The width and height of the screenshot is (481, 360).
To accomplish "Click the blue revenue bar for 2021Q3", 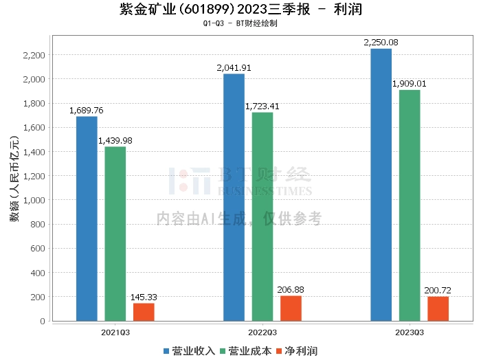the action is [87, 218].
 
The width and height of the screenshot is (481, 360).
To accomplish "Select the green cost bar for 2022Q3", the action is [262, 217].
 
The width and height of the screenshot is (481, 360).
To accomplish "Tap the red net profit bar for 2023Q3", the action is [438, 308].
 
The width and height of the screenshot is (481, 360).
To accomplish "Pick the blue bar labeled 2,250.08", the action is [381, 185].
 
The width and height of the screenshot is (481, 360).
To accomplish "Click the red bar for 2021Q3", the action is [144, 312].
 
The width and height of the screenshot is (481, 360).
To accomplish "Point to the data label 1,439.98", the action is [115, 141].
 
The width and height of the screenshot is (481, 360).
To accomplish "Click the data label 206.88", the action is [291, 290].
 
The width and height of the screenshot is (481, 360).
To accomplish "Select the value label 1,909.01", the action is [410, 84].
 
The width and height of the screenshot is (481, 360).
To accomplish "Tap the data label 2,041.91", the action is [234, 68].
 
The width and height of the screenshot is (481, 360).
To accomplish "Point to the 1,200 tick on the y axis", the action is [34, 176].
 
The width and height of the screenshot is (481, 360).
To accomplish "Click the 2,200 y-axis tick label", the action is [34, 55].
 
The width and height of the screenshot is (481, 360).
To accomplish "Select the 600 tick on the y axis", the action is [38, 249].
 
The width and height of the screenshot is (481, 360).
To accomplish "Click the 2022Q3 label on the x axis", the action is [262, 333].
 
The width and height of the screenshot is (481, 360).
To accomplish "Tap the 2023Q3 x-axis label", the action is [410, 333].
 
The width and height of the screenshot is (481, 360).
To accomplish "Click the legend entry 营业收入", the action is [189, 351].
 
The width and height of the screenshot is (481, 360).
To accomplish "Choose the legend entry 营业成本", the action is [246, 351].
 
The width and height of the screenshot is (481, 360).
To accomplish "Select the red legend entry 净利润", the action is [297, 351].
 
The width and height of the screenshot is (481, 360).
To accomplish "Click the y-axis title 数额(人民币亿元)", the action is [14, 179].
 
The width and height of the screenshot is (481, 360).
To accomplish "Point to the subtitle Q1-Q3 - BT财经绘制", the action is [240, 23].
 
